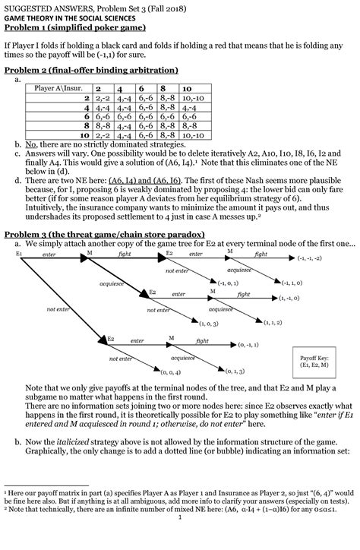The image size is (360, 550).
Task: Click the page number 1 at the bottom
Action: [179, 541]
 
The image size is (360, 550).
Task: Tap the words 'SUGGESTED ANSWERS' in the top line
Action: [37, 6]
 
